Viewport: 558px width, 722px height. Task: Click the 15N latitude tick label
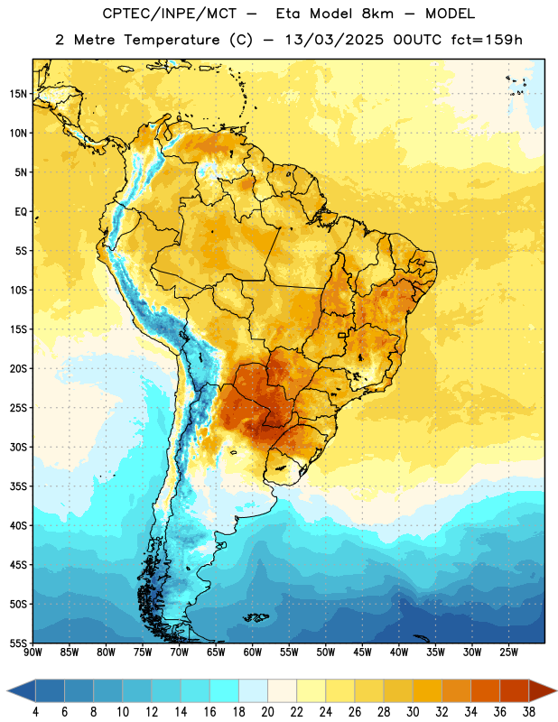click(18, 94)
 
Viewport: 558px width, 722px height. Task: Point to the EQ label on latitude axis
click(21, 212)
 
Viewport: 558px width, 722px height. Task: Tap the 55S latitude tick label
click(18, 643)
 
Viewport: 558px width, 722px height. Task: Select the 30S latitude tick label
click(18, 447)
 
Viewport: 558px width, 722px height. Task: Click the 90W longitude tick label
click(33, 653)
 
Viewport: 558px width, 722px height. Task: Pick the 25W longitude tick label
click(508, 653)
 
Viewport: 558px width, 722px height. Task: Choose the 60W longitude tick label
click(253, 653)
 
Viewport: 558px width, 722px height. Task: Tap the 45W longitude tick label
click(362, 653)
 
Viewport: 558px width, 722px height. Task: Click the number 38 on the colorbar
click(529, 712)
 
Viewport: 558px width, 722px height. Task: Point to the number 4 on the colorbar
click(35, 712)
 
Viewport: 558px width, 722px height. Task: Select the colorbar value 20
click(267, 712)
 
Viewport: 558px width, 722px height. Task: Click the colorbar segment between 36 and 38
click(515, 690)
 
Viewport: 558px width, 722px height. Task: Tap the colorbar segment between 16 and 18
click(225, 690)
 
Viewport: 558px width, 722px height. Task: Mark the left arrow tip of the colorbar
click(7, 690)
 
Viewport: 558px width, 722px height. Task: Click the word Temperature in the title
click(172, 40)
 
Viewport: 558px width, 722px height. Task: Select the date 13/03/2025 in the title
click(334, 40)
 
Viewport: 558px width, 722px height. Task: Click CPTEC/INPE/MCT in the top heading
click(170, 14)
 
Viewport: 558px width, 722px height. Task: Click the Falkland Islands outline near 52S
click(256, 617)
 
